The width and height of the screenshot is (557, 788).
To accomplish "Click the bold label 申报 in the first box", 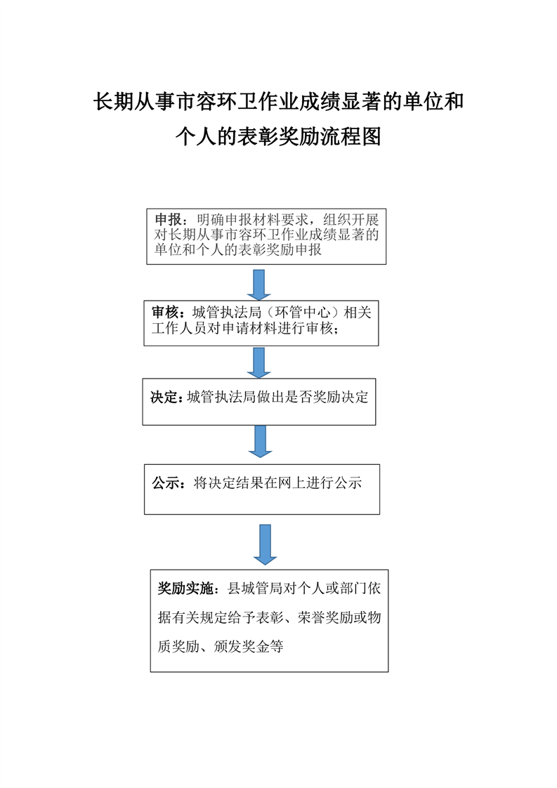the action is pyautogui.click(x=169, y=220).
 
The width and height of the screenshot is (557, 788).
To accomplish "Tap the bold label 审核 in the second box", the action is pyautogui.click(x=165, y=312).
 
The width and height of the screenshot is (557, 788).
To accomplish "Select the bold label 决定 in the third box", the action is pyautogui.click(x=164, y=397).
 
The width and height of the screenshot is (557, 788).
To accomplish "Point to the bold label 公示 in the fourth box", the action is pyautogui.click(x=166, y=483).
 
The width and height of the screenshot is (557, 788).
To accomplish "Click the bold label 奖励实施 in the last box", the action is pyautogui.click(x=185, y=588).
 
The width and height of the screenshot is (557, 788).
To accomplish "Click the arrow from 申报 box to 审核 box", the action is pyautogui.click(x=259, y=285).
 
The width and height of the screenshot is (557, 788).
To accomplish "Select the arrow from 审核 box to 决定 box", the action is pyautogui.click(x=259, y=363).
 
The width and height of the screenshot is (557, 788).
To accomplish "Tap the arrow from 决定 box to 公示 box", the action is pyautogui.click(x=261, y=441).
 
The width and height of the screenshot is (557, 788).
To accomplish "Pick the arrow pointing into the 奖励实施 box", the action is pyautogui.click(x=265, y=545).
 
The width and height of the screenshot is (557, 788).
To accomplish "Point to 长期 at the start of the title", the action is pyautogui.click(x=114, y=102).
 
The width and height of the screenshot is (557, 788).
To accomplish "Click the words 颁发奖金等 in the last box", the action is pyautogui.click(x=249, y=646).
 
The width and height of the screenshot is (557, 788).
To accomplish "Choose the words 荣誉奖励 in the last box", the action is pyautogui.click(x=325, y=617).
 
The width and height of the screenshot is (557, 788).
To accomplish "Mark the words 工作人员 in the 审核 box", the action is pyautogui.click(x=180, y=328).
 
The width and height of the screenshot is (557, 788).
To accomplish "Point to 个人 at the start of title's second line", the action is pyautogui.click(x=196, y=136).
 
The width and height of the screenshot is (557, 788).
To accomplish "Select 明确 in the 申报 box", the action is pyautogui.click(x=210, y=220).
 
